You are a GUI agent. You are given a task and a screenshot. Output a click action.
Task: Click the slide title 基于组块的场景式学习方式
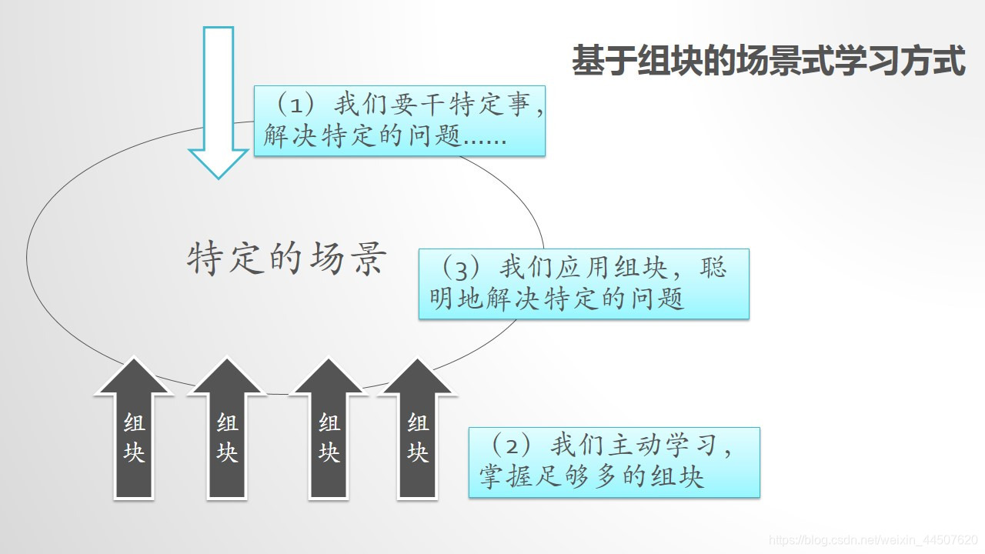tap(768, 61)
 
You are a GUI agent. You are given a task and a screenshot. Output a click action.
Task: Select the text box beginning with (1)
tap(399, 121)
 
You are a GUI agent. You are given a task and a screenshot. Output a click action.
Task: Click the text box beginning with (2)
tap(614, 462)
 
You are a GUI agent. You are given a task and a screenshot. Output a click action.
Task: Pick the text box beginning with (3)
tap(583, 283)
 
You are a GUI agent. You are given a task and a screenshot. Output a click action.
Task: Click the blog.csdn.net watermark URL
tap(873, 542)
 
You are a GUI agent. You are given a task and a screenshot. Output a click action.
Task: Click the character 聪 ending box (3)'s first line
tap(713, 268)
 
